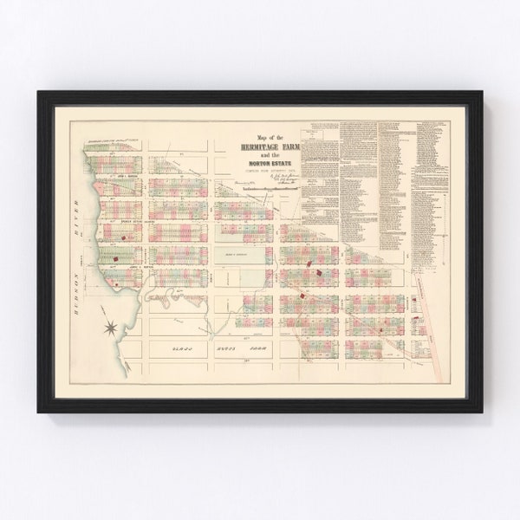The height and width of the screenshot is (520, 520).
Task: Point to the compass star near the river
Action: (112, 326)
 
